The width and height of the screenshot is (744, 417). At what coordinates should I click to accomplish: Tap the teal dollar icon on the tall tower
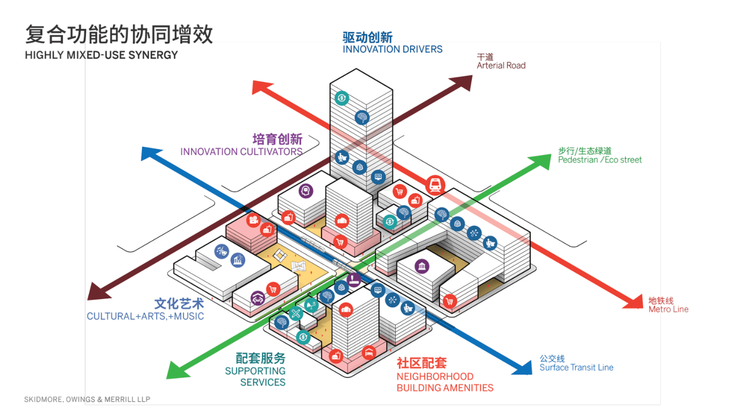(x=342, y=98)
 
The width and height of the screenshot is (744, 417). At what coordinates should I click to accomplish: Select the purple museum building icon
(x=422, y=267)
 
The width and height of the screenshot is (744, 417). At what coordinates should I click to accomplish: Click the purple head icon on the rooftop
(x=305, y=191)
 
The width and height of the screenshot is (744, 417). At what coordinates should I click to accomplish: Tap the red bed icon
(x=368, y=353)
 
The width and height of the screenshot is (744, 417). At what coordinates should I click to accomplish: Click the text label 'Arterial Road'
(x=501, y=65)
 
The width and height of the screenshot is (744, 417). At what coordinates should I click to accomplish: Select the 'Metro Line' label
(x=668, y=309)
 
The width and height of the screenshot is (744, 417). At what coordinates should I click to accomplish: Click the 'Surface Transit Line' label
(x=576, y=367)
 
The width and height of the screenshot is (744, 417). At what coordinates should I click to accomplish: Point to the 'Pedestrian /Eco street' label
(x=600, y=160)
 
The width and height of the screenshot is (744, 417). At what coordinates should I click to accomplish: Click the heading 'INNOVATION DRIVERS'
(x=392, y=50)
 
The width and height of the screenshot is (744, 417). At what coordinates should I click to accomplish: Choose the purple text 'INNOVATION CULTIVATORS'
(x=241, y=152)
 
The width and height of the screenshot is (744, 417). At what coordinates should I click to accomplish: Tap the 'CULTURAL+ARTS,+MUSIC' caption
(x=145, y=316)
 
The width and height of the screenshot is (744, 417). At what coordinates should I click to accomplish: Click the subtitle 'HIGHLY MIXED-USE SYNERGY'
(x=101, y=55)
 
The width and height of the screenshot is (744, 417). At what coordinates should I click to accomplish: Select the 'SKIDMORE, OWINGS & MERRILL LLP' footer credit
(x=87, y=399)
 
